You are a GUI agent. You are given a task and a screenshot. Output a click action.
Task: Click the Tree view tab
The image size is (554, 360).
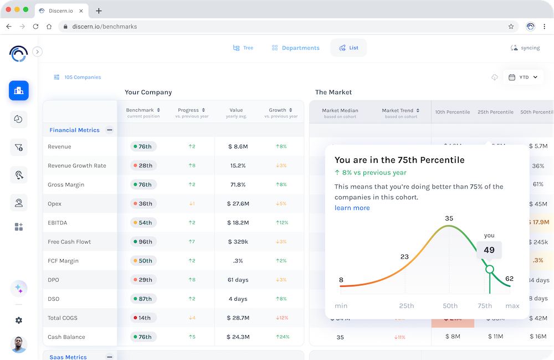(243, 48)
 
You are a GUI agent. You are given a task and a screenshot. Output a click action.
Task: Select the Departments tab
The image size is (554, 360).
(296, 48)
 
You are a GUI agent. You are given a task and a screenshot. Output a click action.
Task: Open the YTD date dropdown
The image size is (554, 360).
(523, 78)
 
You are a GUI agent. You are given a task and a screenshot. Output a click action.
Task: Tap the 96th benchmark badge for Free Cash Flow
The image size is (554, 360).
(143, 241)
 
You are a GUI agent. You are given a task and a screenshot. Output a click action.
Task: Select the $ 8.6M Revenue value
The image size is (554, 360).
(238, 147)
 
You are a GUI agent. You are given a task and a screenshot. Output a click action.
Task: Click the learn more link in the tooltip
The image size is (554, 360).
(352, 208)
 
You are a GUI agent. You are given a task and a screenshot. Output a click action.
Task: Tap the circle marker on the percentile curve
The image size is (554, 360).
(489, 269)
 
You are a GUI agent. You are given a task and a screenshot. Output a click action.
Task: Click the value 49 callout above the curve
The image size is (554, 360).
(489, 250)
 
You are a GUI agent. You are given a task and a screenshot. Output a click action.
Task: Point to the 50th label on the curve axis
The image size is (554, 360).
(450, 306)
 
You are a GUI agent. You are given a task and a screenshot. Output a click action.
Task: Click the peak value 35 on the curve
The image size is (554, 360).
(449, 218)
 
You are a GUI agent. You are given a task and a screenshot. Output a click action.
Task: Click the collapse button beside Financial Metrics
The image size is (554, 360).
(110, 130)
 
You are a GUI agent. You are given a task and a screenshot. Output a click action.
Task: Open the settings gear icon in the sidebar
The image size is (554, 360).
(19, 320)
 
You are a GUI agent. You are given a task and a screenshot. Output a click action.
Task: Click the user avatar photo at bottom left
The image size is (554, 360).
(19, 344)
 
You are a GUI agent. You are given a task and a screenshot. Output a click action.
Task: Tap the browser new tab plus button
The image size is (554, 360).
(99, 11)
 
